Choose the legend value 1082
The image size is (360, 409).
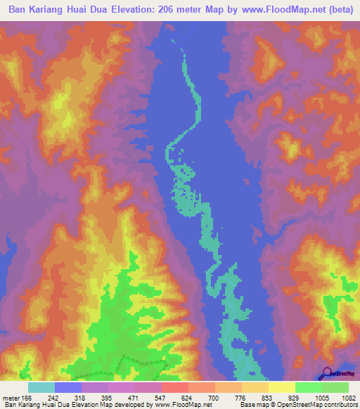tap(348, 397)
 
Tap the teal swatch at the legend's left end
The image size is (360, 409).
tap(41, 387)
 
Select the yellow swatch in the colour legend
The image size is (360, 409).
tap(282, 387)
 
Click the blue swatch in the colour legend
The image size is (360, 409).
tap(68, 387)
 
